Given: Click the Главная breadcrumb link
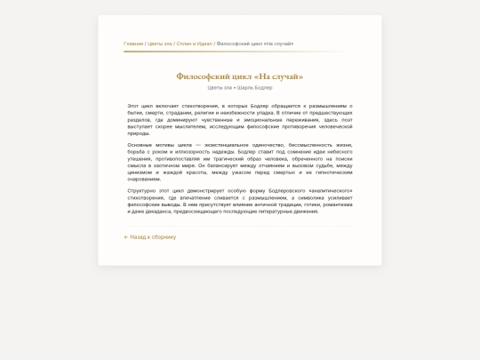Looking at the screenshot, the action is pos(133,44).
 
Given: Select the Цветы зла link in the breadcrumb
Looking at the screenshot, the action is pos(159,44).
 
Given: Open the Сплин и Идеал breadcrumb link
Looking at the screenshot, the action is pos(194,44).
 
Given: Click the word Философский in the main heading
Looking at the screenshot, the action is pos(205,76).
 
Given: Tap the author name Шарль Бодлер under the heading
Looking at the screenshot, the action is pos(255,87).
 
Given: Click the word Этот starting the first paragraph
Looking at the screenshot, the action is pos(133,106).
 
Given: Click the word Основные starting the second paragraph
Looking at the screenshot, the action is pos(140,145).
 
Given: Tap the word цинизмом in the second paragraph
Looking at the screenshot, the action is pos(141,172).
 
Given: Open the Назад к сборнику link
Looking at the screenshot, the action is pos(153,237).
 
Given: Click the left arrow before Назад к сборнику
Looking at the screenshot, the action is pos(126,237).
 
